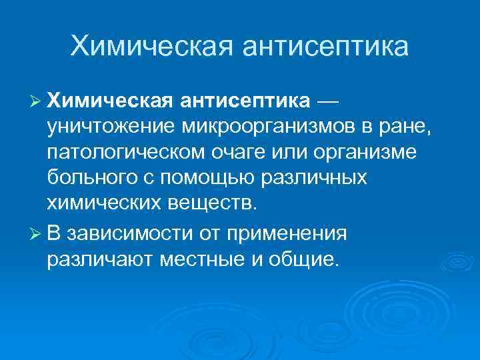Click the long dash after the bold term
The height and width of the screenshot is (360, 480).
329,100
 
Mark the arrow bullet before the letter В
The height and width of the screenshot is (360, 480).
37,233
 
